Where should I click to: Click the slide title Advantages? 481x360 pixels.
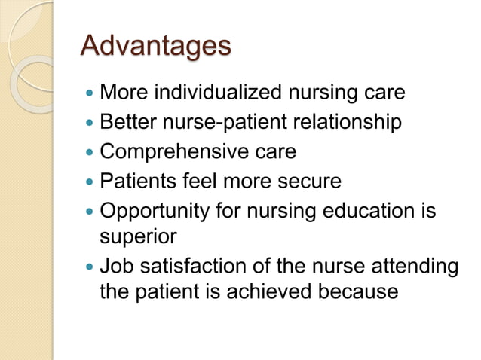point(155,47)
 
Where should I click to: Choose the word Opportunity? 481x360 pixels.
point(155,210)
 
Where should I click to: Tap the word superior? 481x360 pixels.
point(138,236)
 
